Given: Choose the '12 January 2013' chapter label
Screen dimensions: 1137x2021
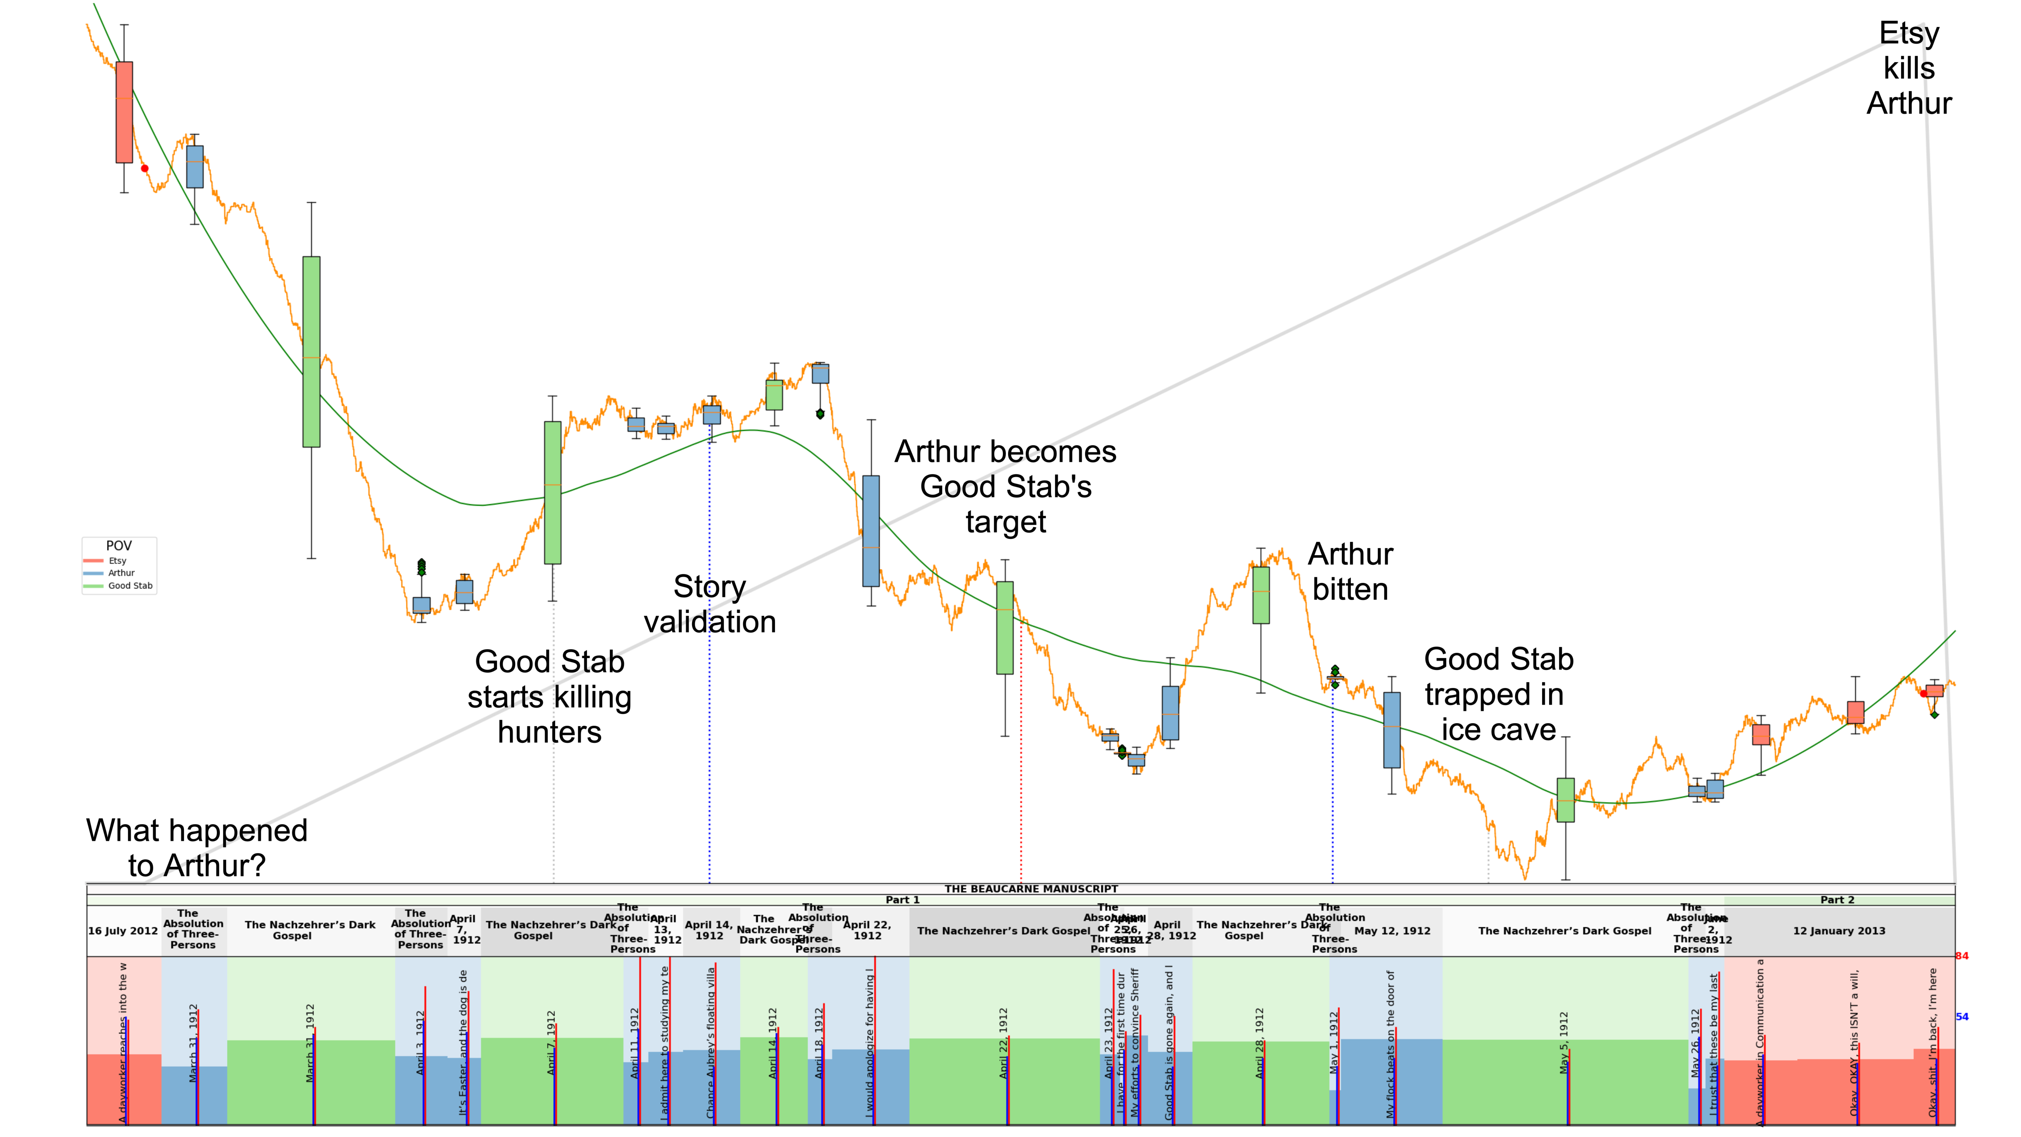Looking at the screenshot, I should [x=1838, y=932].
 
